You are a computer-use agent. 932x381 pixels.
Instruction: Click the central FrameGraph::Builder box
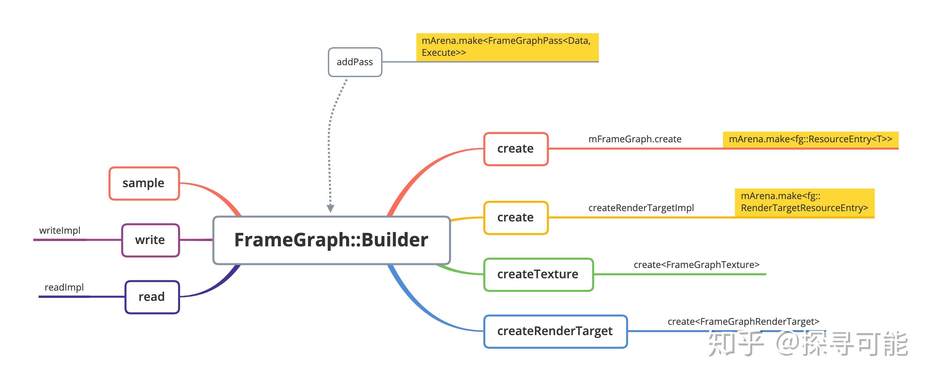332,240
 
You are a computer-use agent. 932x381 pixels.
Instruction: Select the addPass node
355,62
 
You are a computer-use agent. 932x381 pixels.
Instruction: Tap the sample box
144,183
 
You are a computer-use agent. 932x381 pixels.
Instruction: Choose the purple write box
150,240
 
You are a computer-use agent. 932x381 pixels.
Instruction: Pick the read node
152,297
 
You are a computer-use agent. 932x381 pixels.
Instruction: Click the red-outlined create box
516,149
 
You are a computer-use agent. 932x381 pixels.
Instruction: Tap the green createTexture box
538,274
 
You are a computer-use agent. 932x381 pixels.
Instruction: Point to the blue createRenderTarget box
555,331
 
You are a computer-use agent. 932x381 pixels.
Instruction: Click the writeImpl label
60,231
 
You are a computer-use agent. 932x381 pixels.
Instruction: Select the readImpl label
64,287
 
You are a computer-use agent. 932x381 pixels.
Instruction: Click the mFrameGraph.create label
635,139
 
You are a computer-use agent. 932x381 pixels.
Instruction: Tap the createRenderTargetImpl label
641,208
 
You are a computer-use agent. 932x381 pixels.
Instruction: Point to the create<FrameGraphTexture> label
696,265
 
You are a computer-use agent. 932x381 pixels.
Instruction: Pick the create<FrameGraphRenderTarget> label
743,321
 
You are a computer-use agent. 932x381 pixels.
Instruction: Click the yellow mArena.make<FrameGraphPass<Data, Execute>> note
507,47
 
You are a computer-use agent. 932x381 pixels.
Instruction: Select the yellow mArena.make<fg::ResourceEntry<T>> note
811,140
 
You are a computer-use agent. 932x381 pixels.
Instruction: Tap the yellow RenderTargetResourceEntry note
804,202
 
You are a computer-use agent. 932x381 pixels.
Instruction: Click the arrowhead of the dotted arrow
330,208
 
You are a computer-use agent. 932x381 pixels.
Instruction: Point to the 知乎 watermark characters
735,343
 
